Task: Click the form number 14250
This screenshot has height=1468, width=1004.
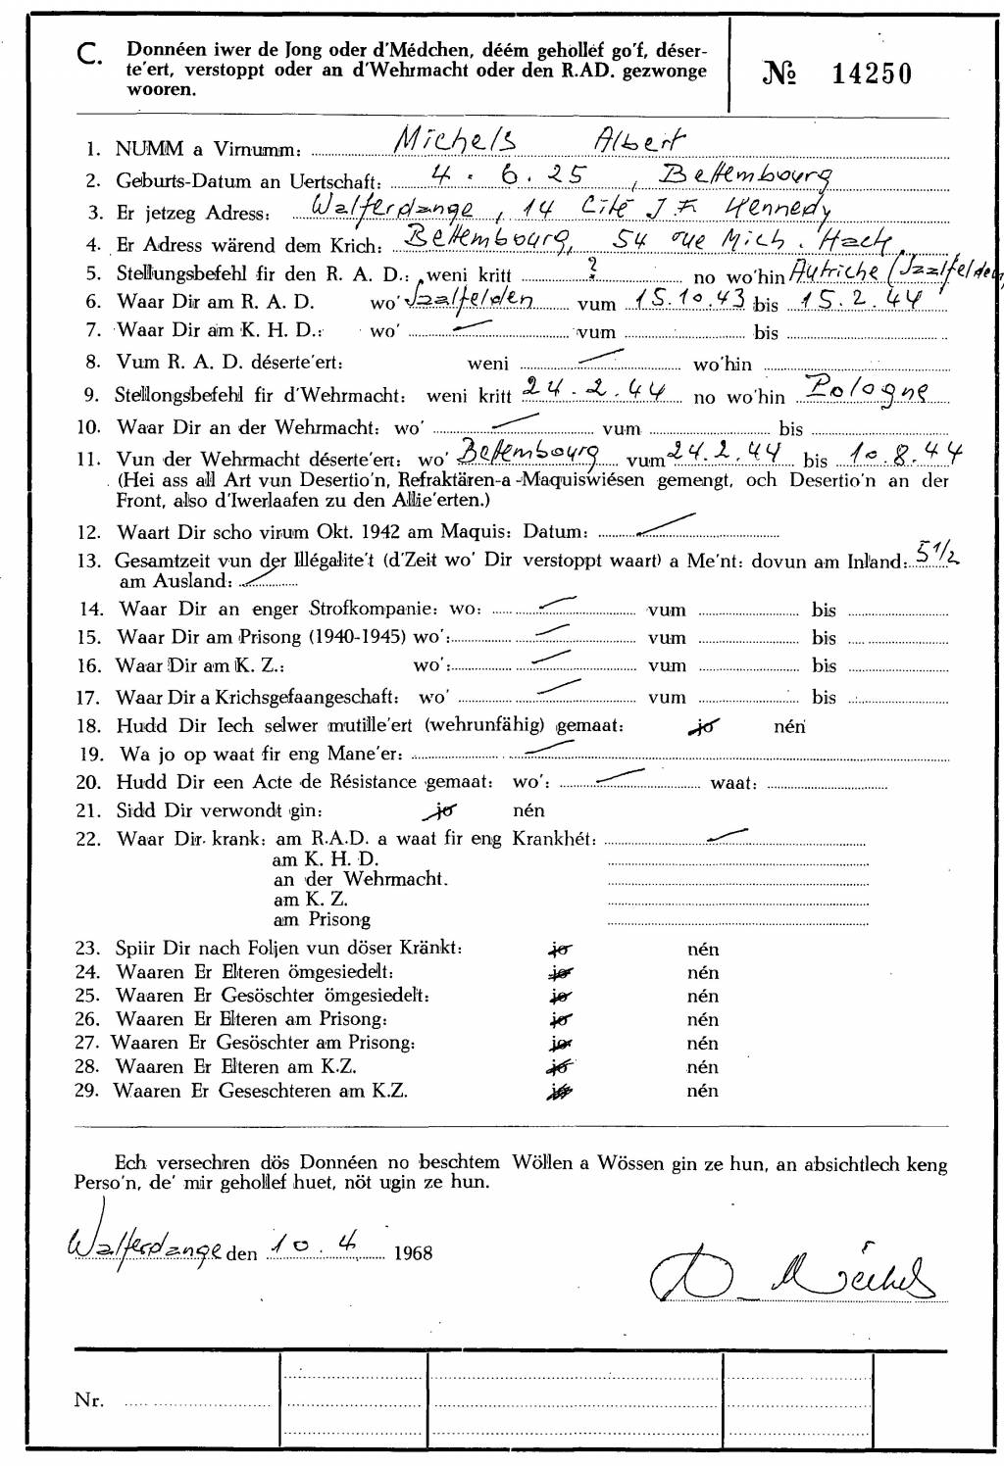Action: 872,73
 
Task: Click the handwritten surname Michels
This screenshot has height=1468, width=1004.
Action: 455,143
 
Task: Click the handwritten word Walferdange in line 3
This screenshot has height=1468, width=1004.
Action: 392,208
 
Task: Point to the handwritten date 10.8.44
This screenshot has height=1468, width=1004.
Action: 907,452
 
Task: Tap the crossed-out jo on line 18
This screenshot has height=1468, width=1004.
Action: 703,726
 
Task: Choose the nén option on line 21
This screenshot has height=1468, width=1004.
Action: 528,810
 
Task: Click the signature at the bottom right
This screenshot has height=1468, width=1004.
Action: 789,1274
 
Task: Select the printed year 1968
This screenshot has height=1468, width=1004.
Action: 413,1253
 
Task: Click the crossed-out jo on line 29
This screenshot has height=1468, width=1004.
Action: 561,1091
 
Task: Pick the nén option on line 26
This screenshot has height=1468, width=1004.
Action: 703,1020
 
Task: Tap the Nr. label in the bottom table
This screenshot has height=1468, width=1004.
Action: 88,1400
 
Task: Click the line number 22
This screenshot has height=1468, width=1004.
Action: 88,839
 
